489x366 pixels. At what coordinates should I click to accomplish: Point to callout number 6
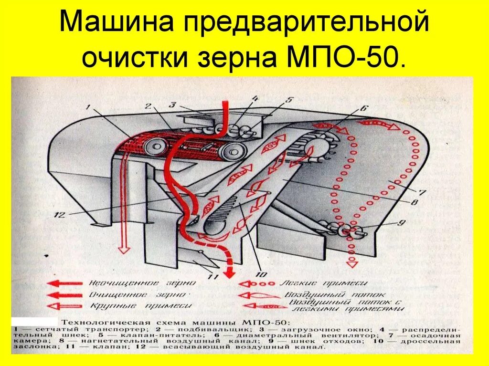[363, 108]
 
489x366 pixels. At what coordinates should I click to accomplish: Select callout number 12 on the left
[59, 215]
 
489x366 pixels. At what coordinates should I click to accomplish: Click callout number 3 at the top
[172, 104]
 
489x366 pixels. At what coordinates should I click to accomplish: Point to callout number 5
[288, 100]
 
